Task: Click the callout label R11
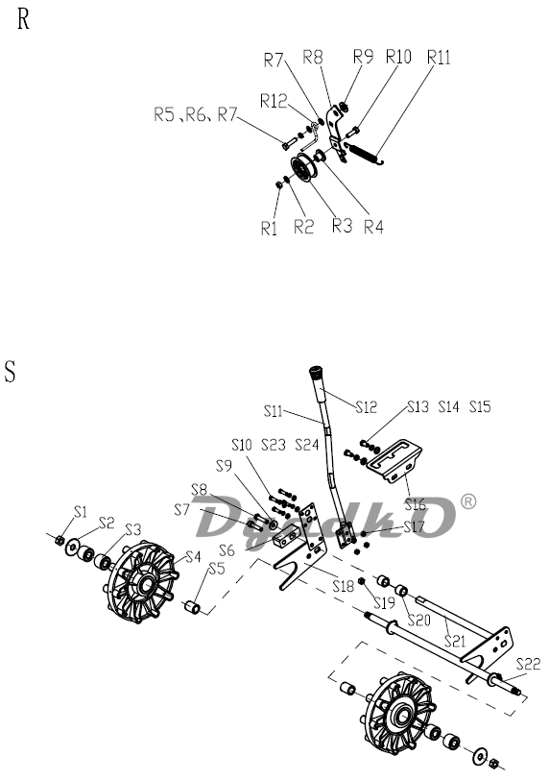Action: coord(439,58)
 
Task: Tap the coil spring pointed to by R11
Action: coord(366,152)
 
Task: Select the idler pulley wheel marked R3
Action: coord(302,170)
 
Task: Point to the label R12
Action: coord(274,101)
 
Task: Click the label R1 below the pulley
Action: coord(269,229)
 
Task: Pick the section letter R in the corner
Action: coord(23,20)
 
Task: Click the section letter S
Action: coord(10,372)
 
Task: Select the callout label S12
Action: coord(367,407)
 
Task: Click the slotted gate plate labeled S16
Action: coord(395,461)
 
